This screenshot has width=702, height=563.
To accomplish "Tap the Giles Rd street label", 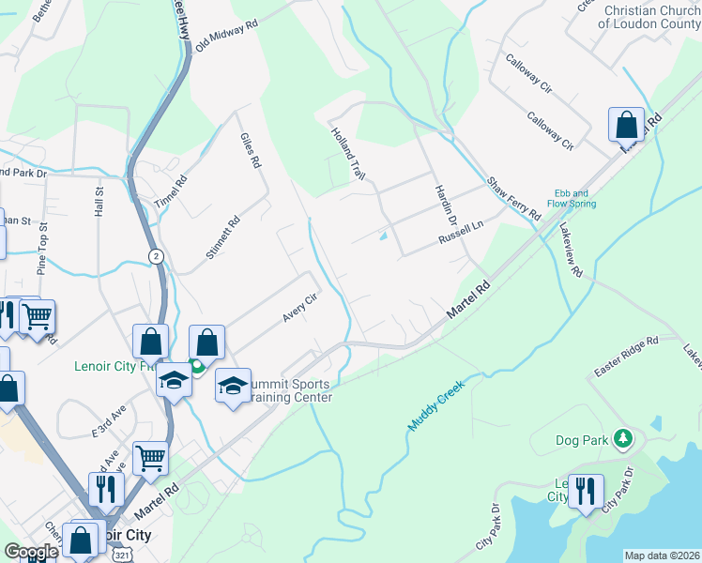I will click(250, 150).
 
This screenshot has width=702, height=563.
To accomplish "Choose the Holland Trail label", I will click(347, 155).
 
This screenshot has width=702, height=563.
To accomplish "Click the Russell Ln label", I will click(460, 240).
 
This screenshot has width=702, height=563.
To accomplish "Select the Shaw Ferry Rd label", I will click(513, 197).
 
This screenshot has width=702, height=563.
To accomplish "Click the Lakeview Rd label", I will click(571, 251).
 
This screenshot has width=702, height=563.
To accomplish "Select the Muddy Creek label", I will click(437, 401).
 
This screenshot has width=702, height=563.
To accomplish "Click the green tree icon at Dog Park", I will click(621, 438).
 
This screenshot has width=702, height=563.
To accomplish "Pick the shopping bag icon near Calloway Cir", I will click(626, 124).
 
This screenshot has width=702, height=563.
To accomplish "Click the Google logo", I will click(31, 552).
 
